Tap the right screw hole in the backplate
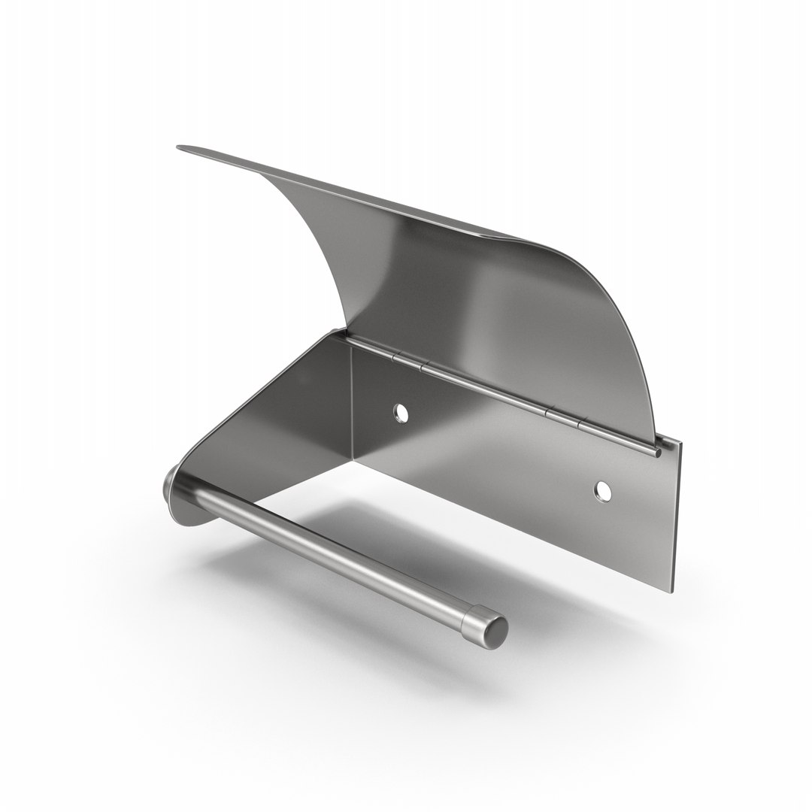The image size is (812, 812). coord(602,489)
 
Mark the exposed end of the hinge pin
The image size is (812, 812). coord(658,453)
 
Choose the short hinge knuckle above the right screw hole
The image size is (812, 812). coord(564,417)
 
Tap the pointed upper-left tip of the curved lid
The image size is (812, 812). coord(180,148)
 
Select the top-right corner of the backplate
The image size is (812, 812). coord(681,443)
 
